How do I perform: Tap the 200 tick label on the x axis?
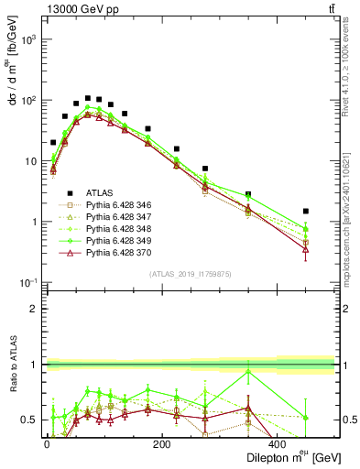161,444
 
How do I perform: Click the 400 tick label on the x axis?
278,444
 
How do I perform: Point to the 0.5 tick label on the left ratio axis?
31,420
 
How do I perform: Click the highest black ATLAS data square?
88,98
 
